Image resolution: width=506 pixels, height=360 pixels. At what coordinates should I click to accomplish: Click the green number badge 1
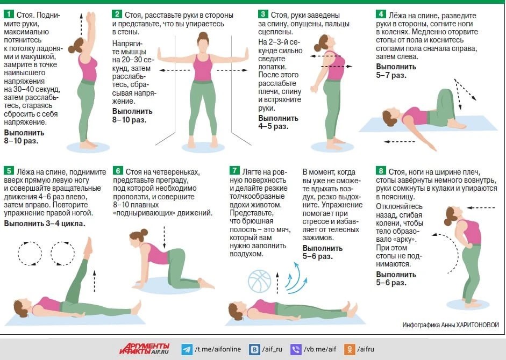pyautogui.click(x=9, y=14)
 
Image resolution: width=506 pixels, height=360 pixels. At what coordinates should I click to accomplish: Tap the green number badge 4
pyautogui.click(x=381, y=14)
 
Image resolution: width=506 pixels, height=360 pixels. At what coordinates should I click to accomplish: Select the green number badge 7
pyautogui.click(x=234, y=170)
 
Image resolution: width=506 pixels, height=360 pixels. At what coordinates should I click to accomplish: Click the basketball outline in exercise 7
pyautogui.click(x=260, y=281)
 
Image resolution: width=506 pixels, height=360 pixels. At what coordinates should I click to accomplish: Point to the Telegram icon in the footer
pyautogui.click(x=187, y=349)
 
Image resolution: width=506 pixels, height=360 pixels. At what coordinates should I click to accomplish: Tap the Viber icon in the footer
pyautogui.click(x=296, y=349)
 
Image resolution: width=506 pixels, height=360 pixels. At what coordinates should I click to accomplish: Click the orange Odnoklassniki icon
pyautogui.click(x=349, y=349)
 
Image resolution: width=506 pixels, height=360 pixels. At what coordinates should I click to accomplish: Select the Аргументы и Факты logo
pyautogui.click(x=145, y=349)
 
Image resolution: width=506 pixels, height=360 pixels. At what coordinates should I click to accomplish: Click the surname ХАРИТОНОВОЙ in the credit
pyautogui.click(x=476, y=325)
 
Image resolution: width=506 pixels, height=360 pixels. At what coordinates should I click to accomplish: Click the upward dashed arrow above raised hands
pyautogui.click(x=81, y=24)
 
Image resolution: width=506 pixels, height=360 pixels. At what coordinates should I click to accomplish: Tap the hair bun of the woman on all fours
pyautogui.click(x=144, y=232)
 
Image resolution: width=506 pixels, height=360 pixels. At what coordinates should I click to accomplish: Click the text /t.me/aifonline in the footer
pyautogui.click(x=218, y=349)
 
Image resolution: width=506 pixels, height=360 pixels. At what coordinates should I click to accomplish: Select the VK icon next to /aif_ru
pyautogui.click(x=254, y=349)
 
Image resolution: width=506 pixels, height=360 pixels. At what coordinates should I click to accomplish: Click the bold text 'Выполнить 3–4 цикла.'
pyautogui.click(x=45, y=224)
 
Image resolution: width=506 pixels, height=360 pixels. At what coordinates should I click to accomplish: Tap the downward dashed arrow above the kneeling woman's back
pyautogui.click(x=164, y=237)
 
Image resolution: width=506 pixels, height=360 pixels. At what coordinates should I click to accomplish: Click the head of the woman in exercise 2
pyautogui.click(x=203, y=42)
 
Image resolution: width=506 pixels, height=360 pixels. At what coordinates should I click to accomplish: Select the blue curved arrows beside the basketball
pyautogui.click(x=296, y=278)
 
